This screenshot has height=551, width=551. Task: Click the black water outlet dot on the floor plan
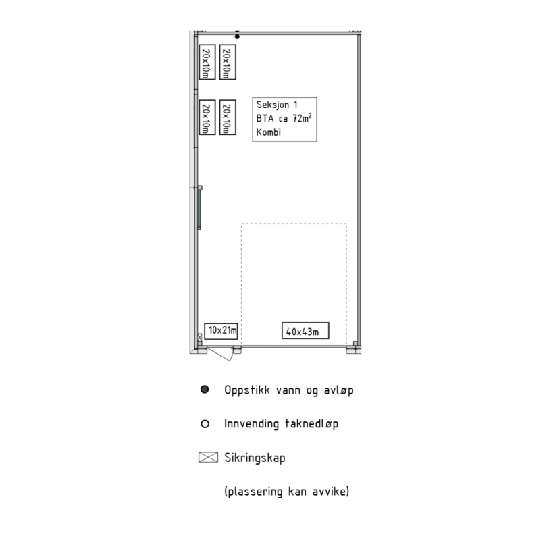[x=237, y=36]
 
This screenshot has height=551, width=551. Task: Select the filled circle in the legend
[x=205, y=390]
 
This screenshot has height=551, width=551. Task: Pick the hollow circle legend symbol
[x=205, y=424]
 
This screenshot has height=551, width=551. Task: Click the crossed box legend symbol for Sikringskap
[x=208, y=457]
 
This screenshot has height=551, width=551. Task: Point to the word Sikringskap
[x=255, y=458]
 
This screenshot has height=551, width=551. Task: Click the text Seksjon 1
[x=277, y=105]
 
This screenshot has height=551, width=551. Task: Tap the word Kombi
[x=269, y=132]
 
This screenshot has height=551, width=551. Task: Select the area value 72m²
[x=303, y=118]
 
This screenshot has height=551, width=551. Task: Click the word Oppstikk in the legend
[x=247, y=390]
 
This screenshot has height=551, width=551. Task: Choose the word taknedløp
[x=311, y=424]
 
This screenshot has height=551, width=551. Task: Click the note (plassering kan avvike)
[x=287, y=492]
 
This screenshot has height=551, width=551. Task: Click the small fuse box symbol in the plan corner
[x=200, y=338]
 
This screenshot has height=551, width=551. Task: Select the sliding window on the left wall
[x=199, y=209]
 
